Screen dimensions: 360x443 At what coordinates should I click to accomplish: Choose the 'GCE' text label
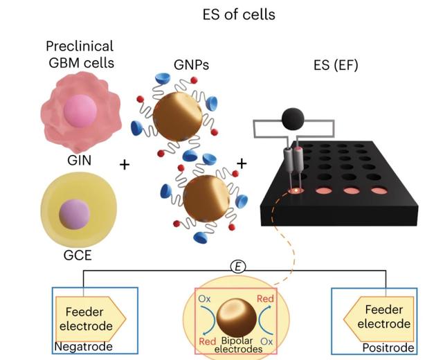click(x=78, y=255)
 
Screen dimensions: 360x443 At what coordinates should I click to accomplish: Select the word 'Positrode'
click(x=390, y=347)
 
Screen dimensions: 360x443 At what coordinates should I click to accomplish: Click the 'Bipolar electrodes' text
click(x=239, y=345)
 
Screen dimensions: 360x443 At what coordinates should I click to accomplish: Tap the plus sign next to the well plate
click(x=242, y=163)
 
